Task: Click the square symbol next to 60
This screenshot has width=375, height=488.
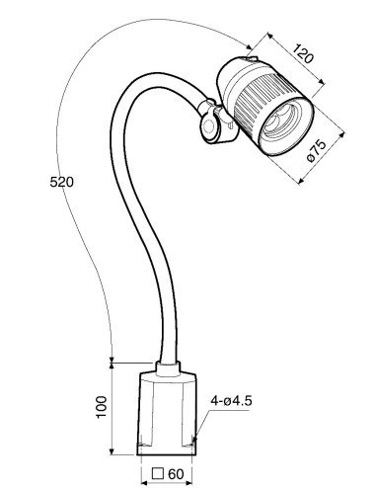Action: pos(158,473)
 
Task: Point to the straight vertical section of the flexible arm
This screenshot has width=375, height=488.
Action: pos(165,296)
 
